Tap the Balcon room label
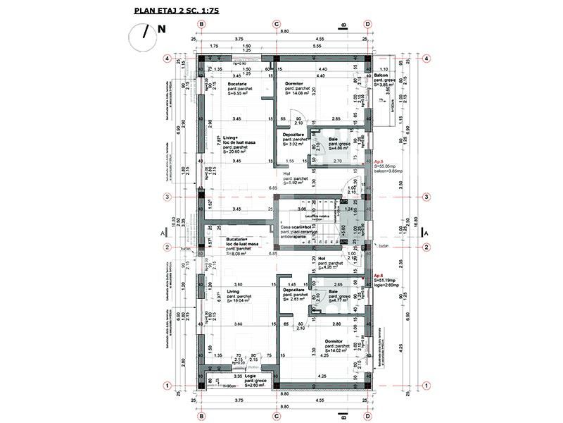click(x=382, y=75)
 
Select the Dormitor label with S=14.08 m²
click(x=294, y=83)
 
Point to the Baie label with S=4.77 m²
click(x=334, y=291)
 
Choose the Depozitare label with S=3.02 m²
click(x=295, y=134)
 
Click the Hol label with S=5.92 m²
click(x=287, y=173)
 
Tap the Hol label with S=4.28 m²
click(x=322, y=258)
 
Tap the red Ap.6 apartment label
click(x=379, y=275)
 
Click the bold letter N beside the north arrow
click(x=162, y=30)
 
